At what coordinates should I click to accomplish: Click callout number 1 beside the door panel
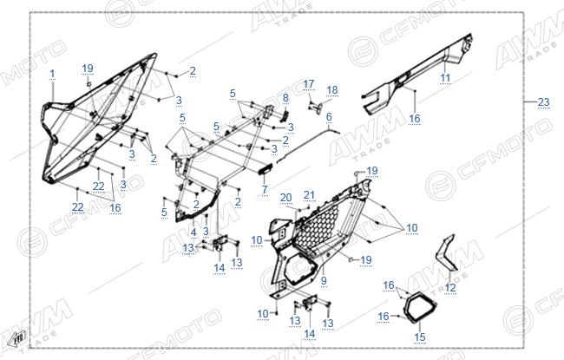click(53, 74)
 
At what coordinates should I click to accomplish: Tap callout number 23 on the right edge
click(543, 102)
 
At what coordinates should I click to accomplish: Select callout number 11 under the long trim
click(445, 78)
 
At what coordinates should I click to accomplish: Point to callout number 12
click(450, 287)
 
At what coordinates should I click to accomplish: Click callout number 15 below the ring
click(420, 337)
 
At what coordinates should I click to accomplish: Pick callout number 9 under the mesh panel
click(324, 280)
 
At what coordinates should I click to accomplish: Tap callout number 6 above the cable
click(329, 117)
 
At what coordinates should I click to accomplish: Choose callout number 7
click(265, 189)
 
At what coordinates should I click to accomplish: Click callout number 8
click(285, 98)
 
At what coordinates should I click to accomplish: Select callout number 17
click(309, 84)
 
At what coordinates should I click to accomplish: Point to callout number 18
click(332, 90)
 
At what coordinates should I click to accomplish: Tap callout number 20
click(286, 198)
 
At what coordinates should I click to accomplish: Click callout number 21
click(310, 195)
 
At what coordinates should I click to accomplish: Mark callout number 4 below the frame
click(193, 232)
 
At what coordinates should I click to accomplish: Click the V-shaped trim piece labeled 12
click(446, 255)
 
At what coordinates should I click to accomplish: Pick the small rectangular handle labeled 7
click(266, 169)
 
